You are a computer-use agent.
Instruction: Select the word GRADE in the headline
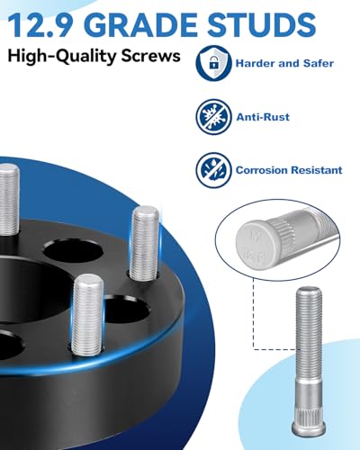coord(144,24)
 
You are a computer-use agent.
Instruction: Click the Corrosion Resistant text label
coord(288,168)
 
